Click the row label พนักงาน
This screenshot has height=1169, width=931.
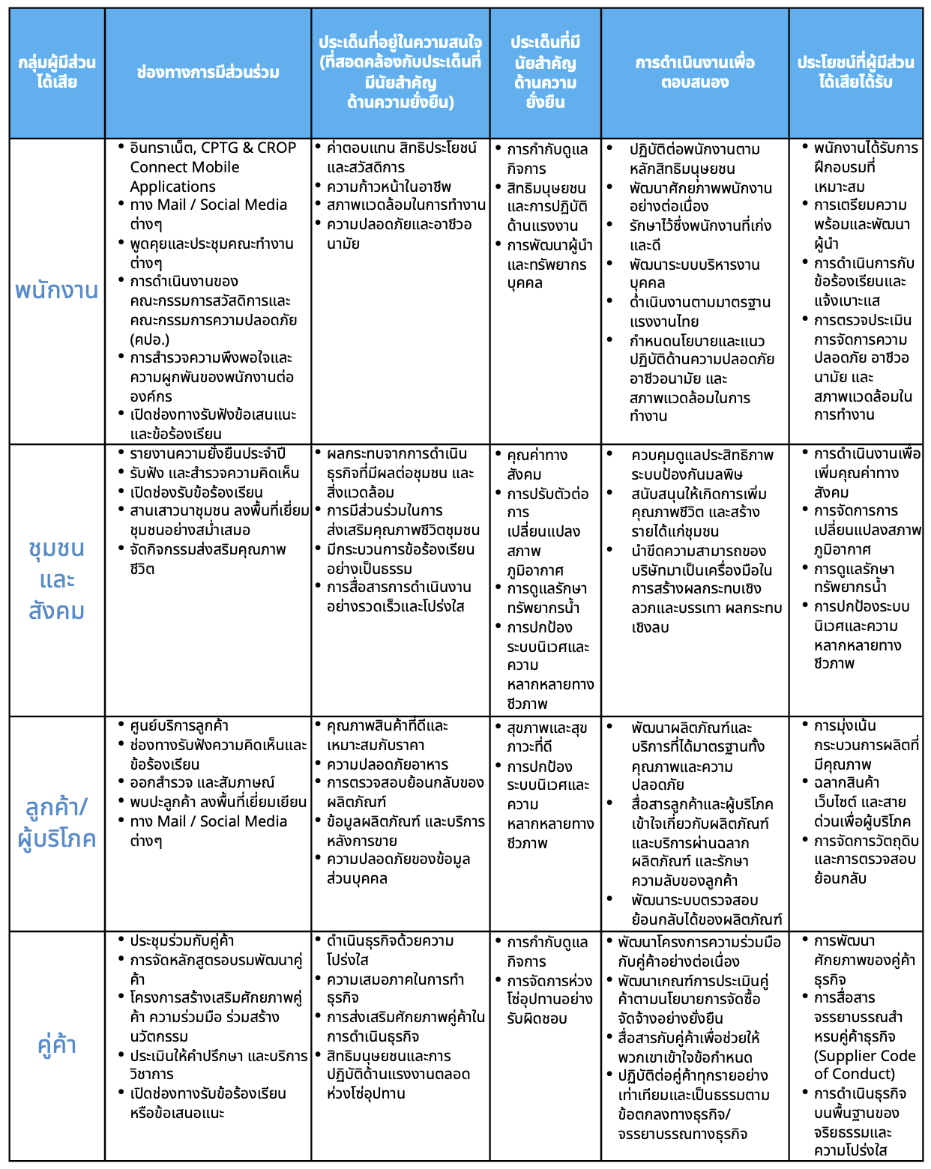tap(56, 291)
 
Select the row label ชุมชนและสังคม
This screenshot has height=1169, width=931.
tap(56, 579)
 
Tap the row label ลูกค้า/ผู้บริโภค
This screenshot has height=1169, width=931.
tap(56, 823)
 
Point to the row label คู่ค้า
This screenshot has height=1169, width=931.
tap(56, 1045)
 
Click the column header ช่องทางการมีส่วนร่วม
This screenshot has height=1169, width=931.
tap(208, 73)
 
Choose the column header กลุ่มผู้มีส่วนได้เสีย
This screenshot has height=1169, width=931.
tap(56, 72)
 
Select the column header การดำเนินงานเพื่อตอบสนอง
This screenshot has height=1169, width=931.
tap(694, 72)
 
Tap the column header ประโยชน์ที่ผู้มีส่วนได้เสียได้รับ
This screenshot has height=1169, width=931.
tap(855, 72)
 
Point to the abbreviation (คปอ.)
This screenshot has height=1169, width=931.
tap(150, 339)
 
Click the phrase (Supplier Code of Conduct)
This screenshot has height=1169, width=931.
tap(864, 1065)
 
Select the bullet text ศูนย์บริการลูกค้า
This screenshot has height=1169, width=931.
tap(179, 726)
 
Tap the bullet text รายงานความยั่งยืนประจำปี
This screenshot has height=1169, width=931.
tap(208, 454)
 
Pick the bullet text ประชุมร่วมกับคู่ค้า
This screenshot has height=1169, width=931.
tap(182, 941)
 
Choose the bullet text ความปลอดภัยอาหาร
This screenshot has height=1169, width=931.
tap(388, 765)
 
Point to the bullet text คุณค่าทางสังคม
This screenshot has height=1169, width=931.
tap(537, 465)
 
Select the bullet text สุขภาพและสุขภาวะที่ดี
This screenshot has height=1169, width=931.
tap(546, 737)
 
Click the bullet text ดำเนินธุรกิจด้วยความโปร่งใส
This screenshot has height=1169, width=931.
tap(390, 950)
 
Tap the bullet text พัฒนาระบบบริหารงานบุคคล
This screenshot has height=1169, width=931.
tap(694, 274)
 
